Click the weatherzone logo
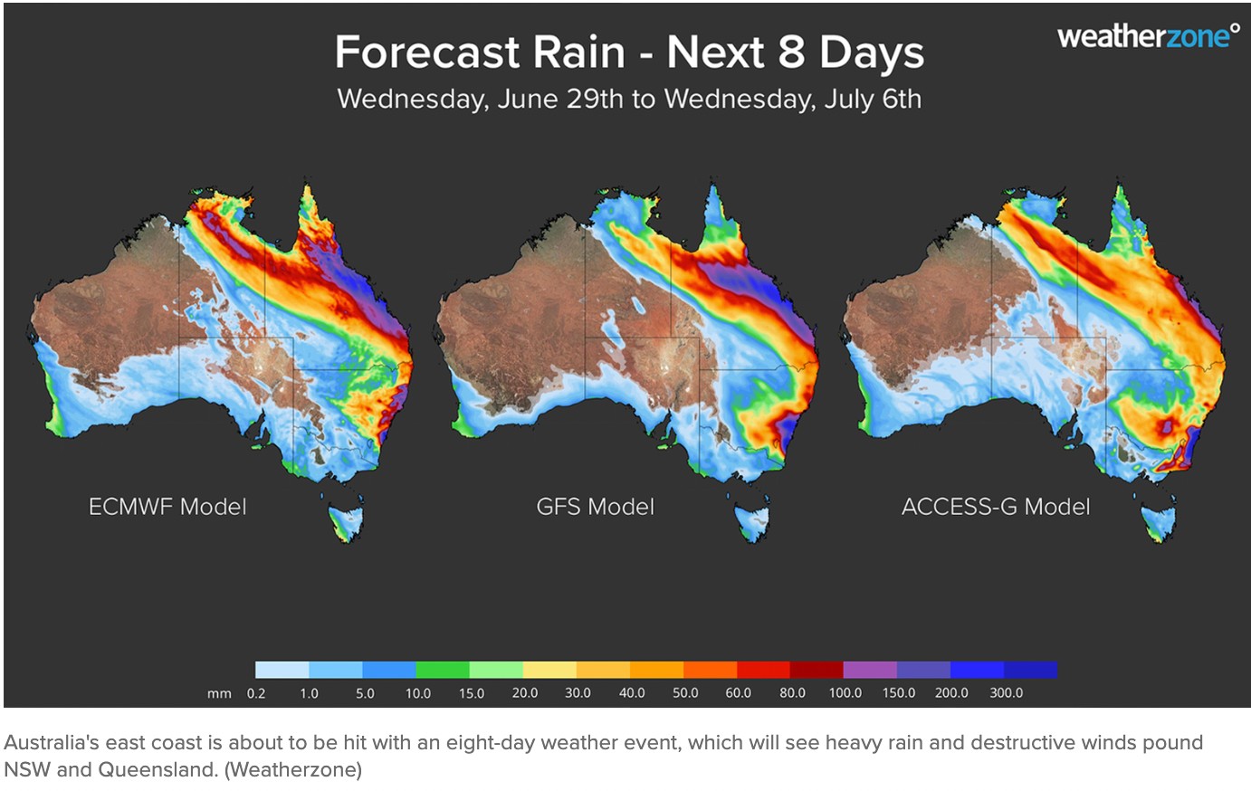1148,37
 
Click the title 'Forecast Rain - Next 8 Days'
629,52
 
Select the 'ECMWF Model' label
167,507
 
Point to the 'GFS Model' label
595,507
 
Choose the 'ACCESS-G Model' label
996,507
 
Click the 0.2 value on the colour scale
256,693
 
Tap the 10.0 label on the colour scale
417,693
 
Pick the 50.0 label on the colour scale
684,693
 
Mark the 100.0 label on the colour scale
845,693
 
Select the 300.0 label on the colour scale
1006,693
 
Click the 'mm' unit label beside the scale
220,694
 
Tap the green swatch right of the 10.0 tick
443,671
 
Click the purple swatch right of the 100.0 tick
870,671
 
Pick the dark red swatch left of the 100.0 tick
816,671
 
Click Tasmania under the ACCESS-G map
1159,524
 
